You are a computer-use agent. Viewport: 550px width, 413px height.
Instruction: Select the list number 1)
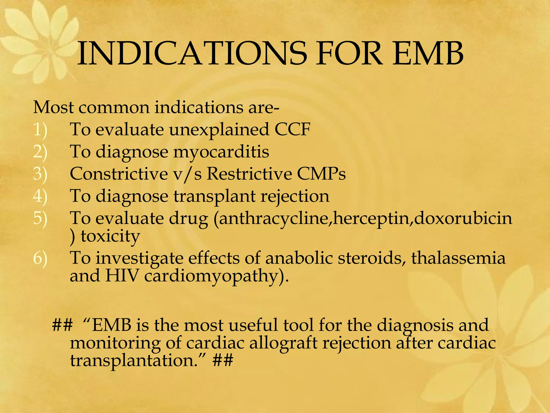(40, 130)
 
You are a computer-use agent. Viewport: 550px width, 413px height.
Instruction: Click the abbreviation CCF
(292, 129)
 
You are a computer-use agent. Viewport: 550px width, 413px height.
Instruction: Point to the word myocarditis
(221, 152)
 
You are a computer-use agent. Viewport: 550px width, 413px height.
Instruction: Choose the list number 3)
(40, 174)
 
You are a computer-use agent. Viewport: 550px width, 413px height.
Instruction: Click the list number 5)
(40, 218)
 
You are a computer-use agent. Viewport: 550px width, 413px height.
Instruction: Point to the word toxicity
(110, 237)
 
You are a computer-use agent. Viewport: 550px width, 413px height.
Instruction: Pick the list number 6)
(40, 258)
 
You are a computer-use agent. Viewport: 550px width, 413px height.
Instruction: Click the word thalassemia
(458, 258)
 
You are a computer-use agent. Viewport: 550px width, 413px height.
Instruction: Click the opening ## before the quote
(62, 325)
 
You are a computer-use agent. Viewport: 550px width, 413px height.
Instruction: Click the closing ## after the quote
(223, 361)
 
